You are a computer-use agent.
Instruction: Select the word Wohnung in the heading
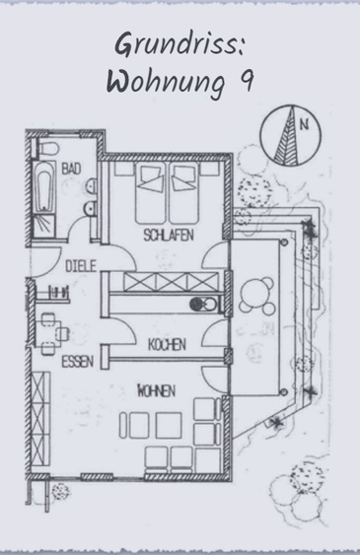tap(166, 84)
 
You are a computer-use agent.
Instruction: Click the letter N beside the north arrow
tap(305, 124)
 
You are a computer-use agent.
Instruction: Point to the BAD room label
tap(71, 169)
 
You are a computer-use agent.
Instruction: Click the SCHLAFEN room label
tap(169, 235)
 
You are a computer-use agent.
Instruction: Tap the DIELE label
tap(81, 266)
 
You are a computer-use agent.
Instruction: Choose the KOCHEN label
tap(167, 344)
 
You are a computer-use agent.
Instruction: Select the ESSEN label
tap(78, 362)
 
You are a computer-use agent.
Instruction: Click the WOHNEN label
tap(157, 390)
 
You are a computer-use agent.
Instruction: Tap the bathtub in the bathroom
tap(44, 187)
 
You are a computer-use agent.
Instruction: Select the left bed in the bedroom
tap(151, 193)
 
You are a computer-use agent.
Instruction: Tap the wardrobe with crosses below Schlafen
tap(171, 282)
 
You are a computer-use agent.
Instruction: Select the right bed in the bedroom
tap(183, 193)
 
